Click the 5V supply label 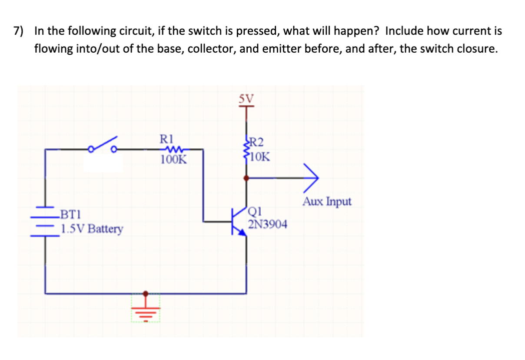coord(246,98)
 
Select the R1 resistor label coord(167,139)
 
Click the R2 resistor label coord(256,142)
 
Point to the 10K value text coord(260,157)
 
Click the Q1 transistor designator coord(256,213)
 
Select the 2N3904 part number coord(267,224)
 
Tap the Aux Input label coord(327,202)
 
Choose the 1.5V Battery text coord(92,229)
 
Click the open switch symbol coord(103,146)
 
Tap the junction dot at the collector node coord(246,178)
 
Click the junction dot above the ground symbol coord(146,293)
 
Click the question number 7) coord(18,31)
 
